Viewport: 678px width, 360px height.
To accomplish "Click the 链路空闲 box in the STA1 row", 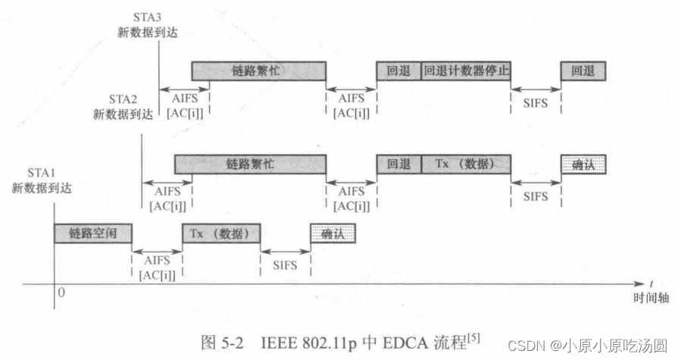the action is pos(92,233).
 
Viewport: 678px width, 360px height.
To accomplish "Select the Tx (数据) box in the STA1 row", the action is pos(220,233).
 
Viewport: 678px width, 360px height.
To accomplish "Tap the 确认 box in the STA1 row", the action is pos(333,233).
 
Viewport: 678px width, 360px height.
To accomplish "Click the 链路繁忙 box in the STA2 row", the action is pos(250,164).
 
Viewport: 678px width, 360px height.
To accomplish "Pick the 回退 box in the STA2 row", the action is pos(398,164).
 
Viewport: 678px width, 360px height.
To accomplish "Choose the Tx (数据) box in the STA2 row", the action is pos(465,164).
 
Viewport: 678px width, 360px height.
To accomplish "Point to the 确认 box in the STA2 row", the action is pos(583,164).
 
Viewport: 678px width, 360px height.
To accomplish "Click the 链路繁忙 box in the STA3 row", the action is pos(258,70).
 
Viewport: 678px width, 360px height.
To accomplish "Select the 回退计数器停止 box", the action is pos(466,70).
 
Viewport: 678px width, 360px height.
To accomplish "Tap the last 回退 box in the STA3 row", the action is pos(583,70).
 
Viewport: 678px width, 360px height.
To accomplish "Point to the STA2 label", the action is pos(123,99).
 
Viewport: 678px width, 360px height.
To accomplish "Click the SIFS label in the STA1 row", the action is pos(285,265).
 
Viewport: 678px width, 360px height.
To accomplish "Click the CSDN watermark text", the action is pos(522,345).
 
